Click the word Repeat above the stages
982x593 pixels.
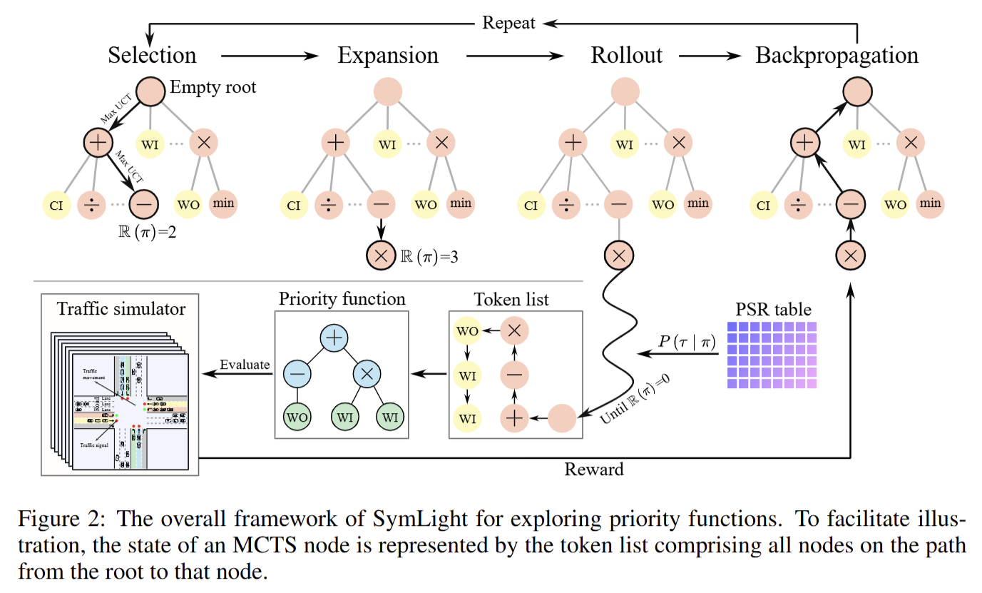[508, 23]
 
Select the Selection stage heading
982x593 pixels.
[152, 55]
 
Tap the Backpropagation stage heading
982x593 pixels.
[837, 55]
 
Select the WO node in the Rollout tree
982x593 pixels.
[663, 205]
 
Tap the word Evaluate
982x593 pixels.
[245, 365]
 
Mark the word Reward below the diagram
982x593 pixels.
[593, 469]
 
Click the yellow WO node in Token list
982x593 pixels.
[468, 330]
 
